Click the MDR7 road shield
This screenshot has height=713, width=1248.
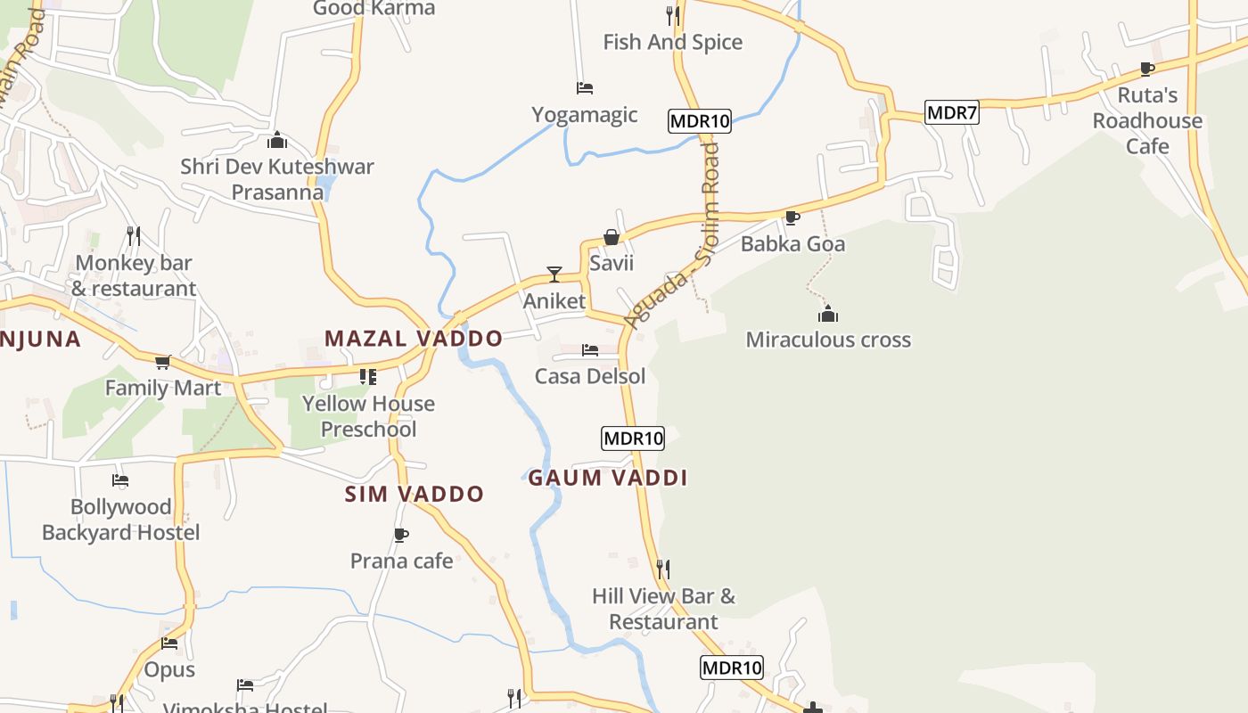(952, 112)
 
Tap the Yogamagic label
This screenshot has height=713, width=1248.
(585, 115)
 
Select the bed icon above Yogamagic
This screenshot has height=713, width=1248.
(585, 88)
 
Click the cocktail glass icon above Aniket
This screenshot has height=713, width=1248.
(554, 274)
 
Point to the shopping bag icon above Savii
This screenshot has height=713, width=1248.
(612, 237)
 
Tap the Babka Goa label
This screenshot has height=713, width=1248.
(792, 243)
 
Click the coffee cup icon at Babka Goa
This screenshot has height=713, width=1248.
(792, 217)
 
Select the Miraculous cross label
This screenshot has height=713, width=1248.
(828, 340)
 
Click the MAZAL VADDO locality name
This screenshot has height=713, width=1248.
(414, 339)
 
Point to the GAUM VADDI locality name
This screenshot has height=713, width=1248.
(608, 478)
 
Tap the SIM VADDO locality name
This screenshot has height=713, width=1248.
(415, 494)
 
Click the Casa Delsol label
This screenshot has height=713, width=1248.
(590, 376)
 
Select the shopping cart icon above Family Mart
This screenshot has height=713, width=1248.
(162, 362)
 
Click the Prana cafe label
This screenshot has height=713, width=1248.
(401, 561)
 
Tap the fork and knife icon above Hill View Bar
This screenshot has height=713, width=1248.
(663, 568)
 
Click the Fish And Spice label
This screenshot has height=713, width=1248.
(672, 42)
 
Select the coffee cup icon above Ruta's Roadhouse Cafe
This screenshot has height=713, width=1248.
(1147, 69)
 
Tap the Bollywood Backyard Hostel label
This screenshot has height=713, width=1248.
(121, 520)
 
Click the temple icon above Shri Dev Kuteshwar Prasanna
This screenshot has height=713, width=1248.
(277, 140)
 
